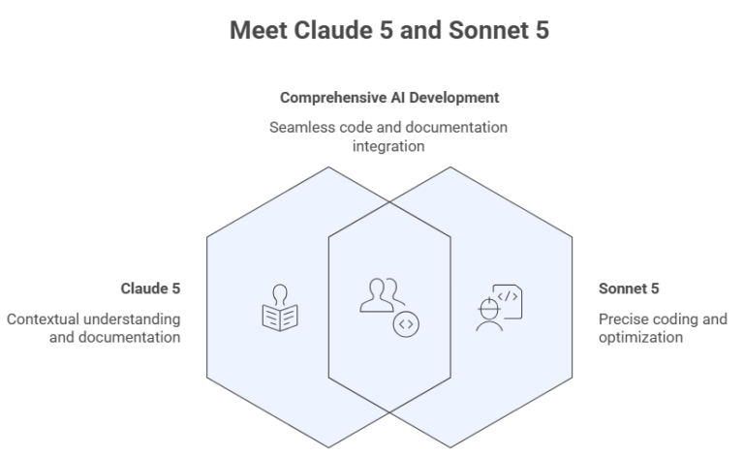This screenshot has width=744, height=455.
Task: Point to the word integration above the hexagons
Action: [x=389, y=145]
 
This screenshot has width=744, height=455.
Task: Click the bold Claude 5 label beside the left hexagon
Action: [x=150, y=288]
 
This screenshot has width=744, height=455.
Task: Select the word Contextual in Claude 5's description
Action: [x=45, y=318]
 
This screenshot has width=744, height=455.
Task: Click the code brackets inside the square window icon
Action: [x=507, y=297]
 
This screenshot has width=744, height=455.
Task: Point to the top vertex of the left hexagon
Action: [x=328, y=166]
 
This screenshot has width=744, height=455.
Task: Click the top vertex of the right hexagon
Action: [x=450, y=166]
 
